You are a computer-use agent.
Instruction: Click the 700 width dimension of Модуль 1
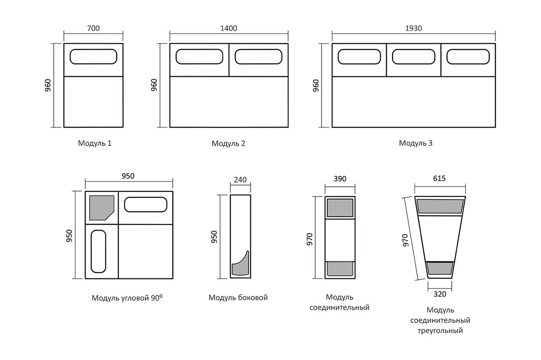coord(93,28)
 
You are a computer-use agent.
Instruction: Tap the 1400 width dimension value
coord(228,28)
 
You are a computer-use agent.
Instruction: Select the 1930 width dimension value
coord(413,28)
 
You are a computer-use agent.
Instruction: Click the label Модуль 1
coord(95,143)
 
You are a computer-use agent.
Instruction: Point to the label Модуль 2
coord(228,143)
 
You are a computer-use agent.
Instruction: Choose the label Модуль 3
coord(416,143)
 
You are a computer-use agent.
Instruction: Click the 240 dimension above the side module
coord(240,180)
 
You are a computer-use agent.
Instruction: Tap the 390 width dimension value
coord(340,179)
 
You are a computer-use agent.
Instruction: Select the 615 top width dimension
coord(439,178)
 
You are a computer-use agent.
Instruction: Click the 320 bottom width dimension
coord(440,294)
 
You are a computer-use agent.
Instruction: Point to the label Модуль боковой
coord(238,297)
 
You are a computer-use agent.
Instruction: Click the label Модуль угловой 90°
coord(127,298)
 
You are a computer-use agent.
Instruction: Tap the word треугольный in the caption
coord(440,331)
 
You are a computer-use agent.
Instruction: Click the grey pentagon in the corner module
coord(100,207)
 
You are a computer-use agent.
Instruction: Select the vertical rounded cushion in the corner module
coord(98,251)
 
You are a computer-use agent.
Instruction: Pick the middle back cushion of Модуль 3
coord(413,57)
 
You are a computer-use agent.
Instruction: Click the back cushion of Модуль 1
coord(94,57)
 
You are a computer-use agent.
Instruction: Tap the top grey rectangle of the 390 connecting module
coord(340,208)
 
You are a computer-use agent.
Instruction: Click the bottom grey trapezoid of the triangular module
coord(440,268)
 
